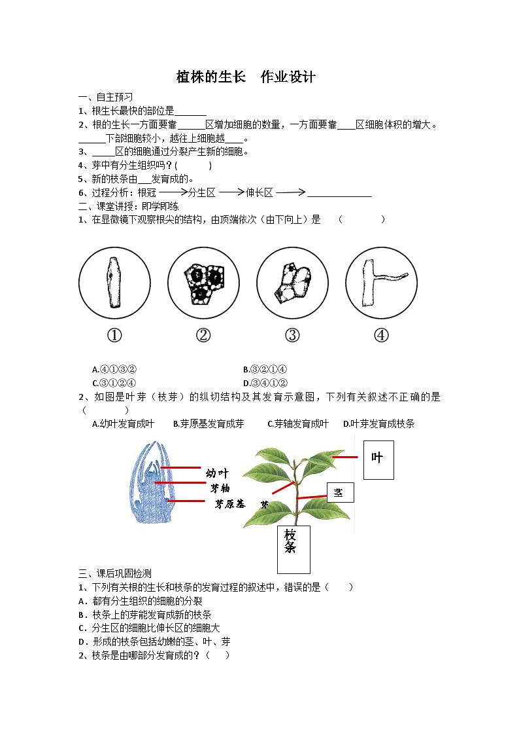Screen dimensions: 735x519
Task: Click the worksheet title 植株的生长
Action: (210, 77)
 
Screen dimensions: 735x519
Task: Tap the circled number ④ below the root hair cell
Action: (381, 335)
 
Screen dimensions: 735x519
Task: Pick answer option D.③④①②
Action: (265, 383)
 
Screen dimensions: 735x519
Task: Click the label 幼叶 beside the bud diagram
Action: (217, 473)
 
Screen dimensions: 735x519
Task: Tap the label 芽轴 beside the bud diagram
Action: (220, 488)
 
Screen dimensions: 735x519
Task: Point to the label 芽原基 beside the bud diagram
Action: (229, 503)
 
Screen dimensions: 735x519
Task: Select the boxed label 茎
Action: (339, 492)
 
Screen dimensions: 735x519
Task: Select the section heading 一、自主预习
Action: (105, 98)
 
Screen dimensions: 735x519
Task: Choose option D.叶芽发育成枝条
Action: (379, 424)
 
